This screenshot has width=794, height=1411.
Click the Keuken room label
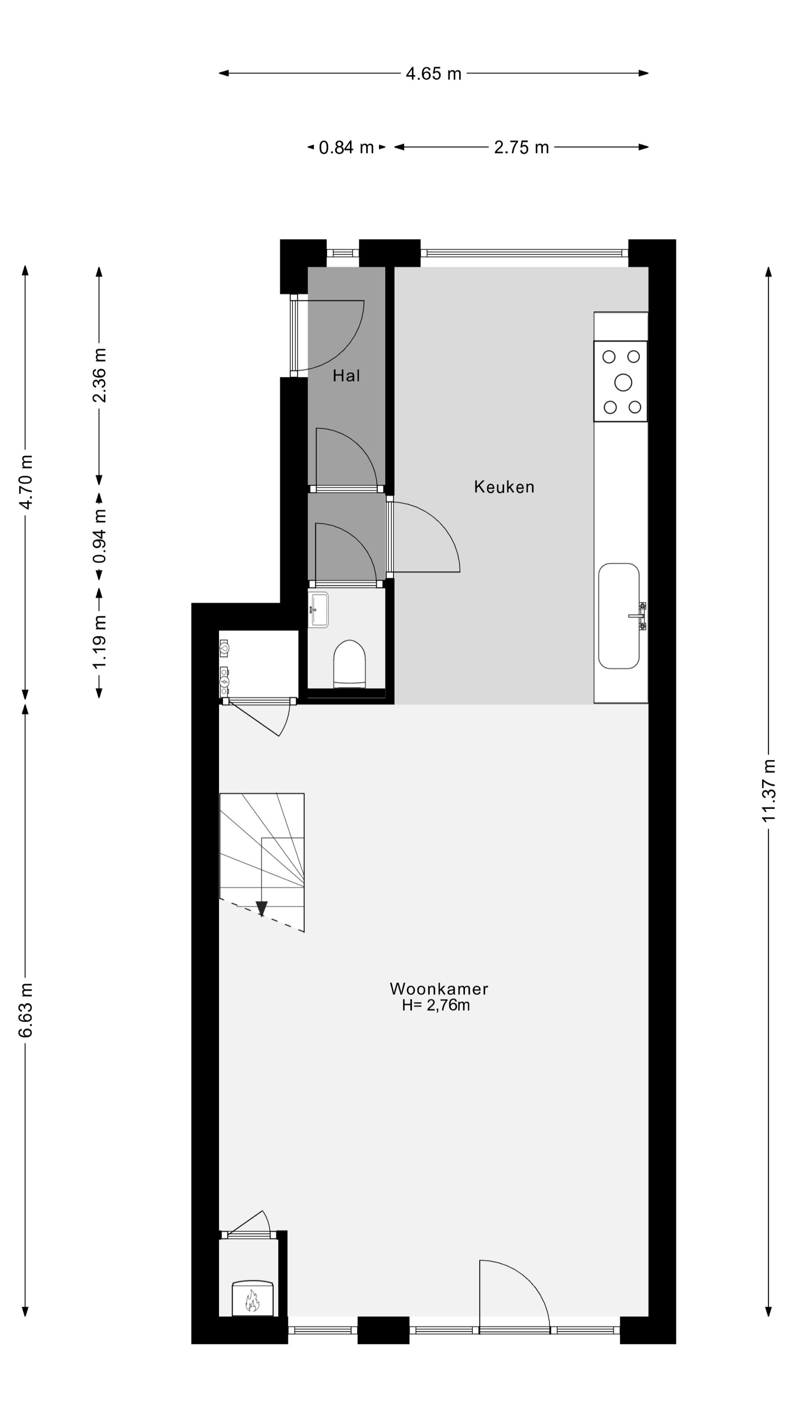click(504, 487)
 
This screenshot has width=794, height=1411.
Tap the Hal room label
click(346, 376)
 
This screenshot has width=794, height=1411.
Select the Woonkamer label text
click(439, 989)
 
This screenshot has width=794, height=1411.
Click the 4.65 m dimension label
click(433, 73)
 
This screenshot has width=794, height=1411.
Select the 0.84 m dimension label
click(346, 147)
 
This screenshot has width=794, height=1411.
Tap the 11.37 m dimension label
click(768, 790)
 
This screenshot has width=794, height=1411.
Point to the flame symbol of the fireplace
click(252, 1301)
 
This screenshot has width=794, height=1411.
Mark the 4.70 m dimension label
click(26, 482)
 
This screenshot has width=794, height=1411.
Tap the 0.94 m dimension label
click(99, 536)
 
